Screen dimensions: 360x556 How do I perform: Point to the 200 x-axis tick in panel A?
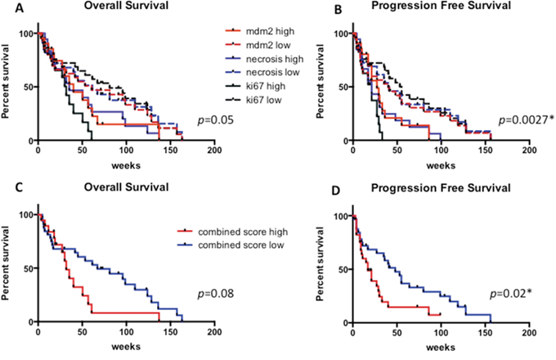point(214,152)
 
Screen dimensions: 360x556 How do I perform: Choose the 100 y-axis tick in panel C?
point(25,216)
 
